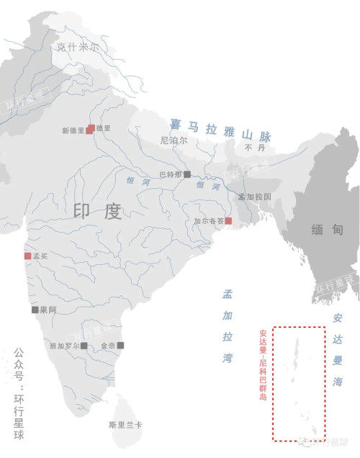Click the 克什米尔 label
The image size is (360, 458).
[x=78, y=47]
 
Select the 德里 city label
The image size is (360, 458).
[x=104, y=129]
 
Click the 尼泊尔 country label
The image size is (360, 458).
[x=174, y=141]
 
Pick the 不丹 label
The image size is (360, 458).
[x=251, y=148]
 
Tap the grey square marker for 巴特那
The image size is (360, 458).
[x=186, y=174]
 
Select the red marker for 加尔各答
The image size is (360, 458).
[x=228, y=220]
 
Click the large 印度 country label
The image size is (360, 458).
[x=97, y=211]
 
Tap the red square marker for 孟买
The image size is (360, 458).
[x=27, y=256]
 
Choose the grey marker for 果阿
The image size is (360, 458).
[x=34, y=310]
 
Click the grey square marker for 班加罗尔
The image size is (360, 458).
[x=84, y=346]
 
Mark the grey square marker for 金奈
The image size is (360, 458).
[x=120, y=345]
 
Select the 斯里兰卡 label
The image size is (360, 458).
[x=125, y=425]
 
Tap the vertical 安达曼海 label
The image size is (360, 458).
[x=338, y=352]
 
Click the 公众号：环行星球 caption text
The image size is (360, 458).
[x=19, y=390]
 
